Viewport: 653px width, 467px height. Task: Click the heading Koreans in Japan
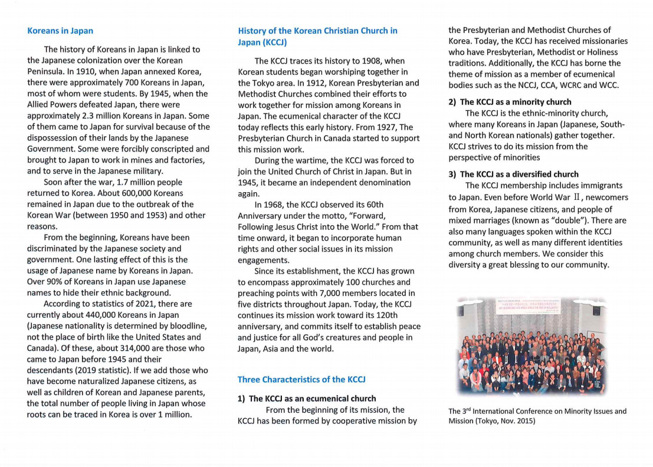point(60,31)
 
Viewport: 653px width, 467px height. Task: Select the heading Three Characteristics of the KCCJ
point(301,379)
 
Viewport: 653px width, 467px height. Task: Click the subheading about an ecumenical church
point(307,399)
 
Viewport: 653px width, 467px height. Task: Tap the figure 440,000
point(81,315)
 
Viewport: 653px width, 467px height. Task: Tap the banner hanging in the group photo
point(528,306)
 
